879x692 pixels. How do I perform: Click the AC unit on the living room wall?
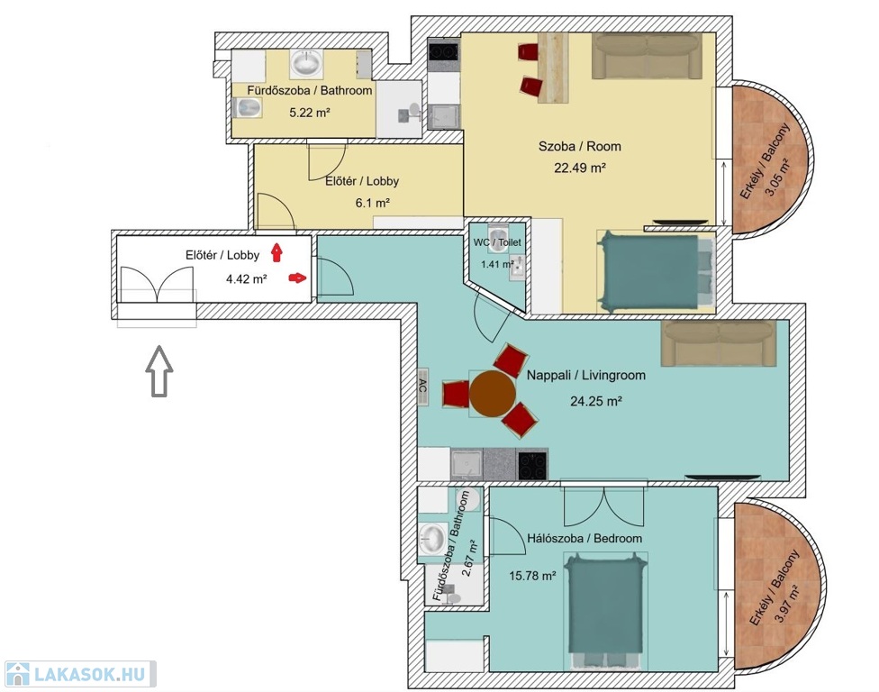[x=423, y=387]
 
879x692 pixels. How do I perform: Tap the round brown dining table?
[x=493, y=394]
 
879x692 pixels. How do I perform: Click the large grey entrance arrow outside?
[x=159, y=371]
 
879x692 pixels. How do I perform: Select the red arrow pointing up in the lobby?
[x=276, y=252]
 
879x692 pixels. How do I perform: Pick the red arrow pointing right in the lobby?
[x=298, y=277]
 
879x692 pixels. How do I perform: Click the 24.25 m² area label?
[x=596, y=401]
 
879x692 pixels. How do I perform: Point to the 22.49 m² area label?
[x=580, y=168]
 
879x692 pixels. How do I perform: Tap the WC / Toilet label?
[x=496, y=242]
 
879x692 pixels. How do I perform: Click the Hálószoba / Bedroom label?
[x=584, y=538]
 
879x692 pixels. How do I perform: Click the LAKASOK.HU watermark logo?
[x=80, y=673]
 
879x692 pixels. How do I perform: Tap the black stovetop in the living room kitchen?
[x=532, y=465]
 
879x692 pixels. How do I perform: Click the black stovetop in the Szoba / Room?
[x=443, y=51]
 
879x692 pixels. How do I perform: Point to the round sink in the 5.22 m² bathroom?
[x=305, y=63]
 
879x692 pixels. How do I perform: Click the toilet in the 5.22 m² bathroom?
[x=248, y=107]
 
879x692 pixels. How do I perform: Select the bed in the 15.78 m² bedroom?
[x=606, y=611]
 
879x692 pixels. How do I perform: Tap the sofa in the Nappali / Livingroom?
[x=719, y=343]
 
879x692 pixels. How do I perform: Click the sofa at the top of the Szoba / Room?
[x=648, y=56]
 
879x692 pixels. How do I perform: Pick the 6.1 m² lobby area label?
[x=372, y=203]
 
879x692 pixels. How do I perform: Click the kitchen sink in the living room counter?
[x=467, y=464]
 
